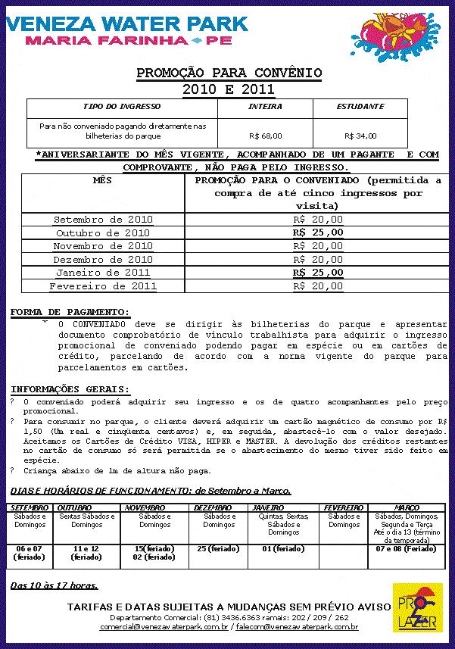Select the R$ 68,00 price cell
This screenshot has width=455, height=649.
coord(265,136)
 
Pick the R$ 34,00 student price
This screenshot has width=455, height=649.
coord(360,136)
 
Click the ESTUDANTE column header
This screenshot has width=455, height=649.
coord(360,107)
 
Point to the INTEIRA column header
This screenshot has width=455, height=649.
coord(265,107)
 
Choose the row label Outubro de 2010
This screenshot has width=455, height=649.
coord(103,233)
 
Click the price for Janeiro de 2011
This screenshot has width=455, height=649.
coord(318,273)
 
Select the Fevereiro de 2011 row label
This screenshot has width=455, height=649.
coord(103,286)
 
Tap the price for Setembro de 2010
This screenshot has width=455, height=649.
coord(318,220)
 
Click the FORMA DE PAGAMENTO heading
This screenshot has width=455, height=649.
coord(70,312)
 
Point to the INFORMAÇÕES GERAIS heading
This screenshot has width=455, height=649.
coord(70,389)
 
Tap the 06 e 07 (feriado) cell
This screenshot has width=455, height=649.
coord(30,553)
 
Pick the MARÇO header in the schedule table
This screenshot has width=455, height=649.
coord(407,507)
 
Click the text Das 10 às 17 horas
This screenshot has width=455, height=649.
coord(54,585)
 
